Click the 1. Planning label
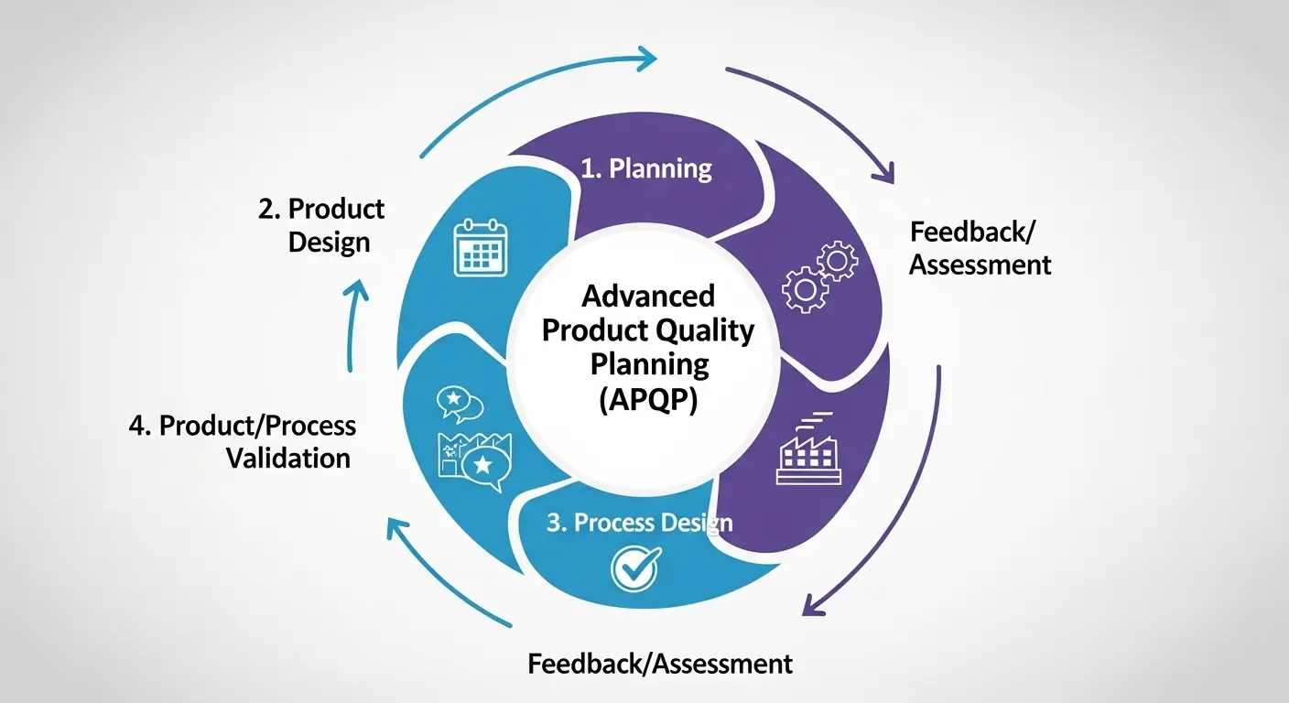647,168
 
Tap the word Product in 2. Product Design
336,209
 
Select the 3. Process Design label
639,523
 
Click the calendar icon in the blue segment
480,247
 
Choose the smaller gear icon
837,261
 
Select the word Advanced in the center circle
648,296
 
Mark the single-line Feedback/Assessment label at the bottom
660,663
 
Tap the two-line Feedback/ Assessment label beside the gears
980,248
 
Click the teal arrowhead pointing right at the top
647,59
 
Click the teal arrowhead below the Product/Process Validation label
397,530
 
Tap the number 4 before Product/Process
138,426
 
